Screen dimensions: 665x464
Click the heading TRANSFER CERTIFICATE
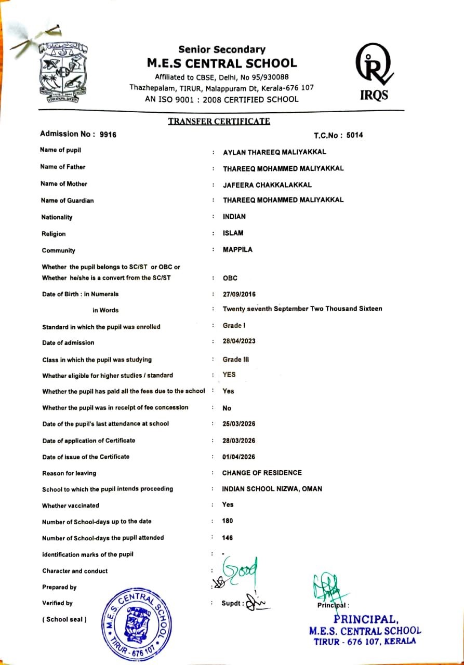219,122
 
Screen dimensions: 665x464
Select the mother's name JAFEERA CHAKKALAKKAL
267,184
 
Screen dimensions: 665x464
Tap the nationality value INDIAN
234,217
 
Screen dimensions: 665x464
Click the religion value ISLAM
233,233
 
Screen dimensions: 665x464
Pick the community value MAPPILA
237,249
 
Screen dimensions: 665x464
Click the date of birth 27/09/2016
239,294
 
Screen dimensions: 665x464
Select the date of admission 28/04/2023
239,342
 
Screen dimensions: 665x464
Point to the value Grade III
232,359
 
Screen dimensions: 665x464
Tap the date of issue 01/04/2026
238,457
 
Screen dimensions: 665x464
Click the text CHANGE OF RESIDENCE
262,473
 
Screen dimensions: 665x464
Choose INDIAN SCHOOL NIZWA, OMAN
272,489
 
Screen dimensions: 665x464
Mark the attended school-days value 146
228,538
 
